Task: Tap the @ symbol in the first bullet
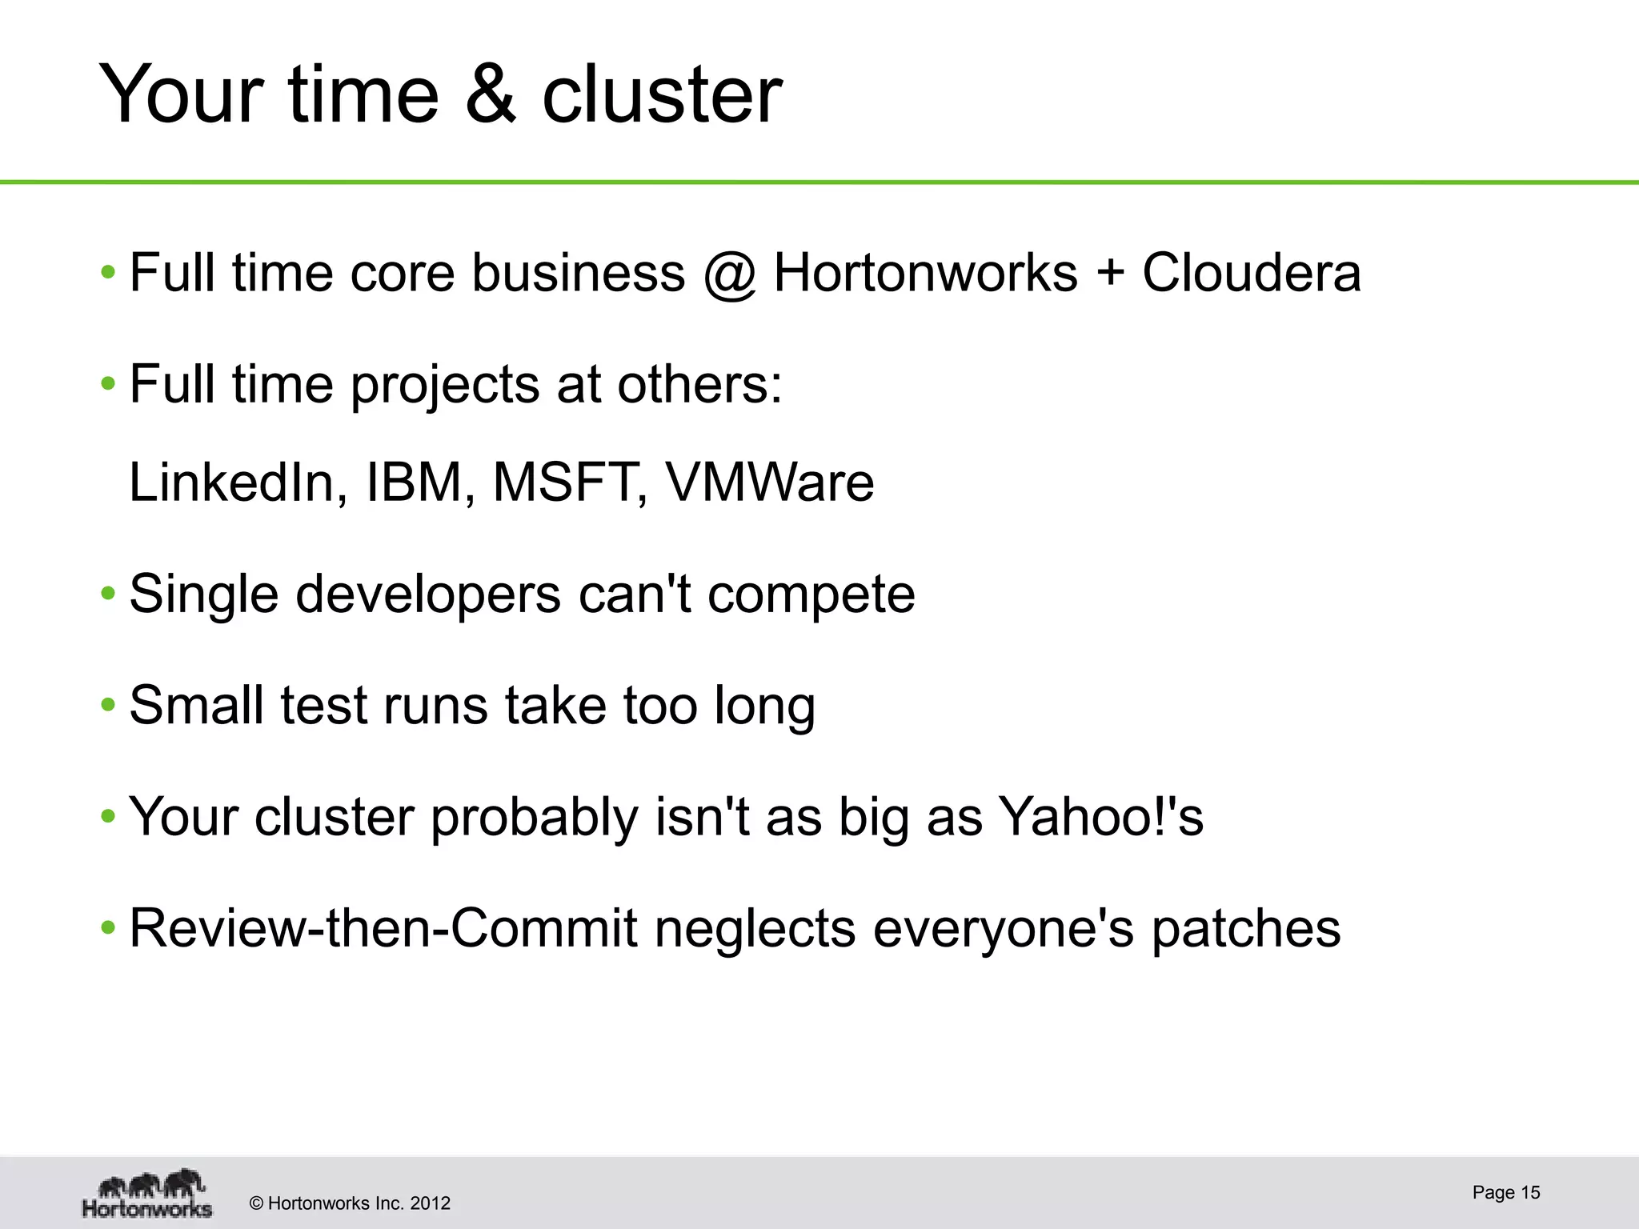click(730, 274)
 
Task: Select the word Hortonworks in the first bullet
click(925, 273)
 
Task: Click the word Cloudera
click(1251, 273)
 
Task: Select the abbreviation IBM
click(415, 482)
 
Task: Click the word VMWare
click(770, 482)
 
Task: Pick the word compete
click(811, 595)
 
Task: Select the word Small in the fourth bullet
click(196, 705)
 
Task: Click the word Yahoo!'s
click(1101, 817)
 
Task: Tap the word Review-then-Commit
click(383, 928)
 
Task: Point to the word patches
click(1245, 930)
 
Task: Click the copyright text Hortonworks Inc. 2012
click(351, 1203)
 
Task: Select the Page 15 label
click(1505, 1192)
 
